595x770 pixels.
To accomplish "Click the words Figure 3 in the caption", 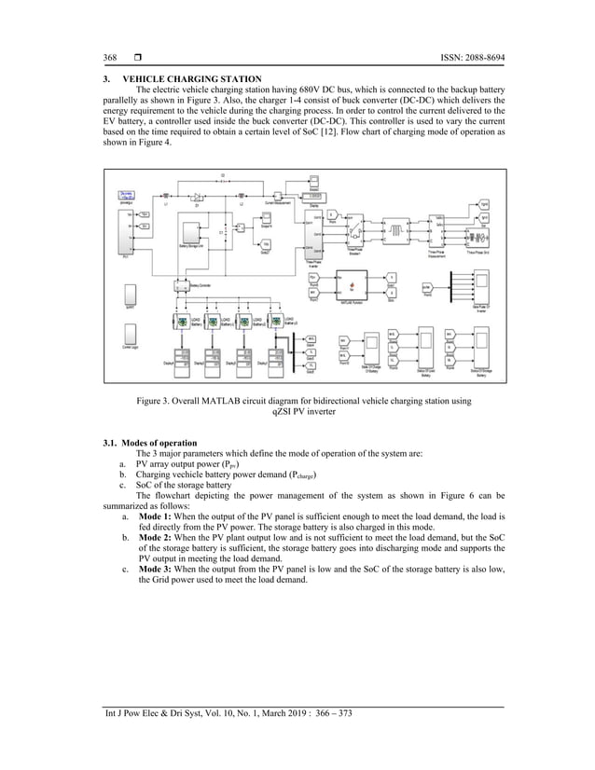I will [x=155, y=402].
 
